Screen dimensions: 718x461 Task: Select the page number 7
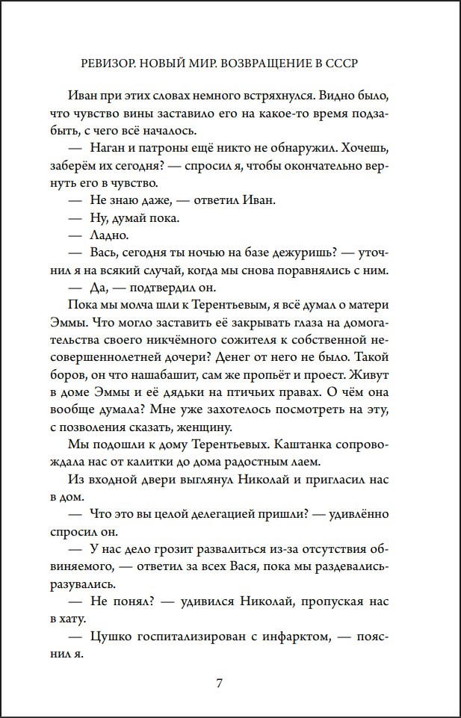[x=220, y=683]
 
